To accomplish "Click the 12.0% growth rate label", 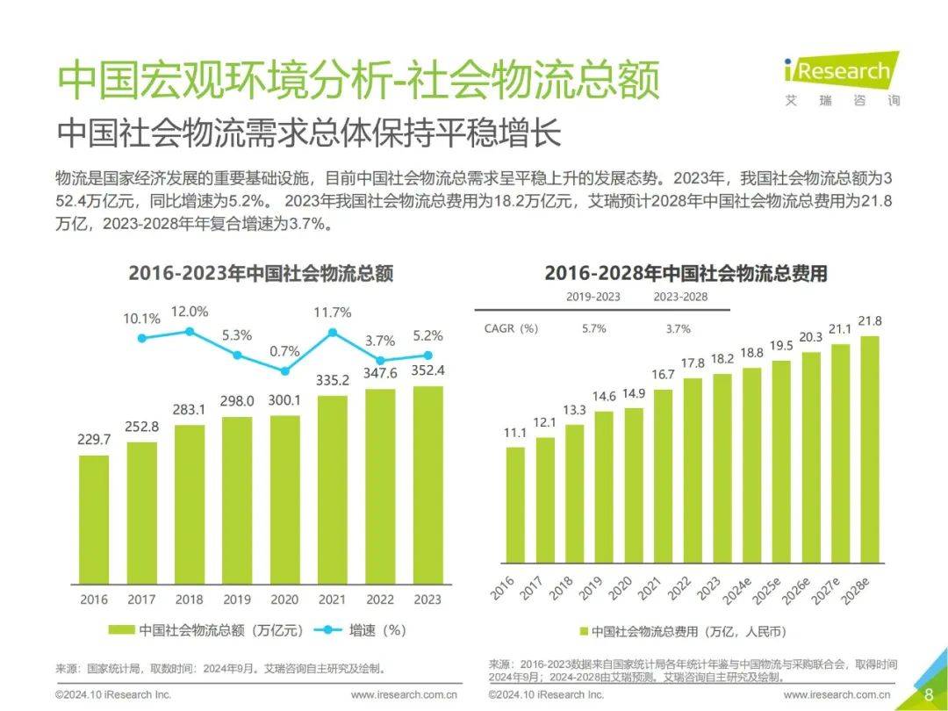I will coord(189,311).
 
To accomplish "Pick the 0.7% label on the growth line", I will coord(284,351).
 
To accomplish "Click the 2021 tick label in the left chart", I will coord(332,600).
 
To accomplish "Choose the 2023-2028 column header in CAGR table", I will coord(679,297).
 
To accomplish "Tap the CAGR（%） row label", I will coord(510,328).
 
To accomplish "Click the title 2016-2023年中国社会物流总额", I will coord(261,273).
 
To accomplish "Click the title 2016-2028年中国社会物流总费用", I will coord(686,273).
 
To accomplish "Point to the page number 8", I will coord(929,695).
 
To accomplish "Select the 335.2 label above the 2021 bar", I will coord(332,380).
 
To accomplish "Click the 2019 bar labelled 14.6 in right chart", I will coord(604,487).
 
